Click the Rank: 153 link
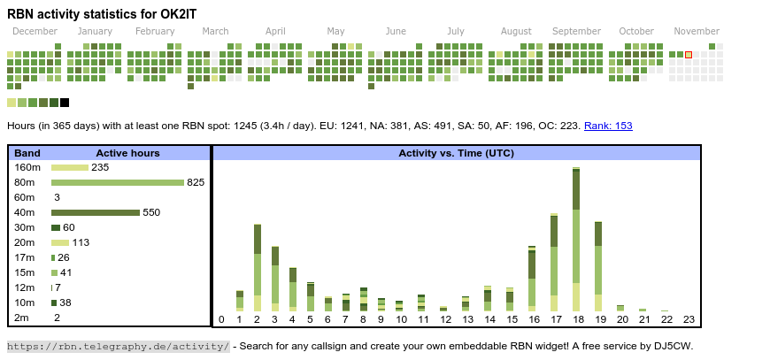(608, 126)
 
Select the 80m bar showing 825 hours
(117, 182)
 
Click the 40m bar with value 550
(96, 212)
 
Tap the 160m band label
(27, 167)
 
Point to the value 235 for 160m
(100, 167)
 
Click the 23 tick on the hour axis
(689, 319)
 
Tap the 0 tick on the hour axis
(221, 319)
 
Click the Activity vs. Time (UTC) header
(457, 153)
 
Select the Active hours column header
(127, 153)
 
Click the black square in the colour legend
(65, 103)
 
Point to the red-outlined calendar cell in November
(689, 55)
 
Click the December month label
(35, 31)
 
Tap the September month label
(576, 31)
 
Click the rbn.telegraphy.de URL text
(119, 346)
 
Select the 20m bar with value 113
(60, 242)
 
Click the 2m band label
(22, 318)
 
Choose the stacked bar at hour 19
(598, 258)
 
